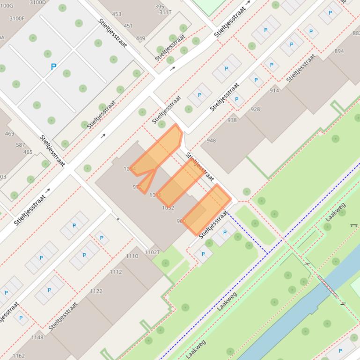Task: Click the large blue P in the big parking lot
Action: click(53, 67)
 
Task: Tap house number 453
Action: click(117, 14)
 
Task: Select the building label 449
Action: click(140, 38)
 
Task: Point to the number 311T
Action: click(165, 13)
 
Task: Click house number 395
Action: click(160, 7)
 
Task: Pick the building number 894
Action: click(339, 51)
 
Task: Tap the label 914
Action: click(274, 90)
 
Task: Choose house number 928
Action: click(255, 109)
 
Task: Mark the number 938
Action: click(232, 120)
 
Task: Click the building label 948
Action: click(211, 140)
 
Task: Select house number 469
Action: click(9, 134)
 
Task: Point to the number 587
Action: click(21, 145)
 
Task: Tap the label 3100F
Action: click(17, 18)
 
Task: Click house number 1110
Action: click(132, 256)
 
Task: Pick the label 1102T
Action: click(152, 252)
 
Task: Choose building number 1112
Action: click(116, 272)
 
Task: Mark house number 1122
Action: click(96, 291)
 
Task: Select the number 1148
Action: click(37, 338)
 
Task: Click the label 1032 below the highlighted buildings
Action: click(168, 208)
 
